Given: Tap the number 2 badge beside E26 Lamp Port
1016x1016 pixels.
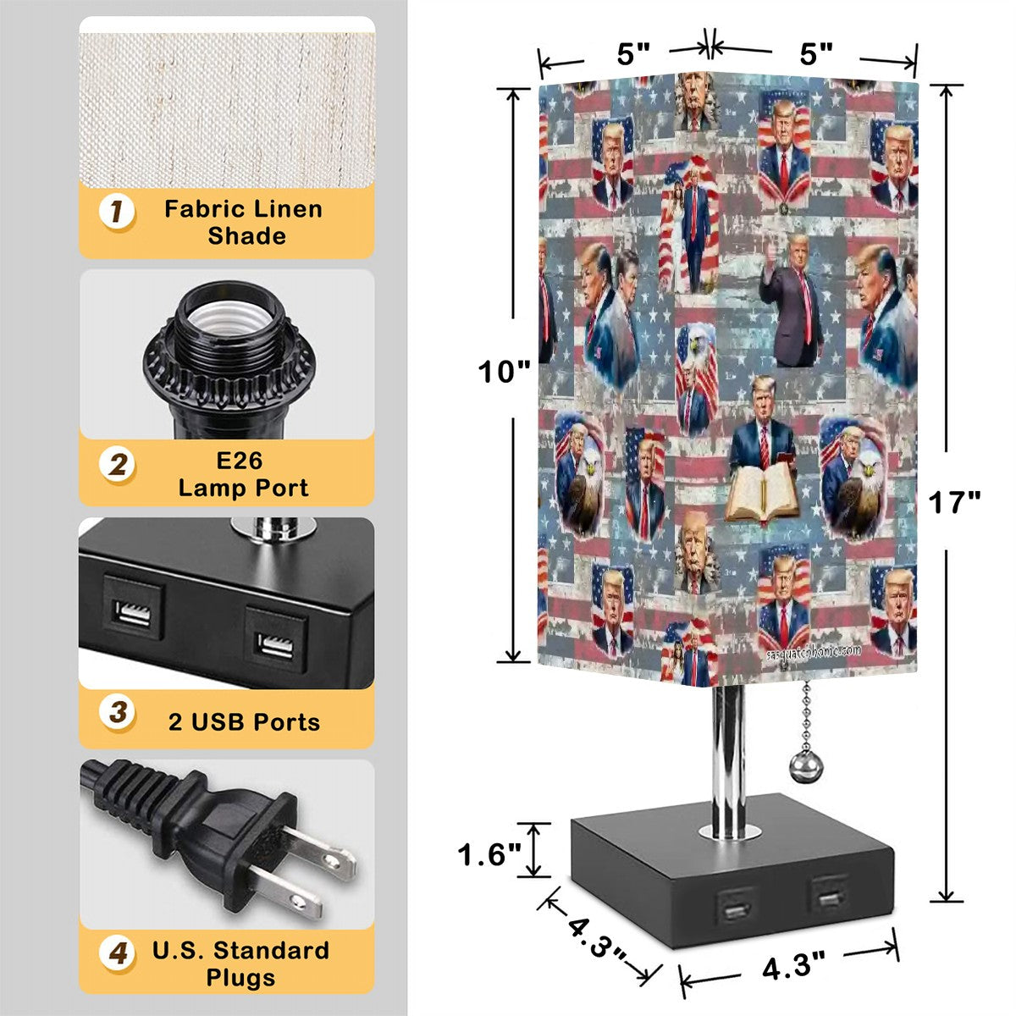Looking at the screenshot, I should pos(118,465).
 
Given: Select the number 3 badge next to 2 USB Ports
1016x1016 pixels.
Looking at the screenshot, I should pos(118,712).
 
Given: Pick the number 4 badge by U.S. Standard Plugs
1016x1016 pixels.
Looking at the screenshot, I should pos(118,954).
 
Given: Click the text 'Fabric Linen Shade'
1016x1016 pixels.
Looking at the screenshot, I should pos(244,223).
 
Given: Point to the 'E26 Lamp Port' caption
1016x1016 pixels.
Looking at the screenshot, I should pos(244,474).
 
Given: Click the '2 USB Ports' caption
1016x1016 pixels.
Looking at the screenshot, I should pos(244,722).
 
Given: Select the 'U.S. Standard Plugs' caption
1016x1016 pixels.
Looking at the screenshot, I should pos(241,964).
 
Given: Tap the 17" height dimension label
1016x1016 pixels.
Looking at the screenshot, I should pos(954,503).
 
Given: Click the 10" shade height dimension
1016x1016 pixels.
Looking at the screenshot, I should pos(505,371).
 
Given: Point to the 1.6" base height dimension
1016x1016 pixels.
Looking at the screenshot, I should pos(489,854).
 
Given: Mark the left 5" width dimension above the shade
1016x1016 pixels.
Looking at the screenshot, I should pos(632,54).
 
